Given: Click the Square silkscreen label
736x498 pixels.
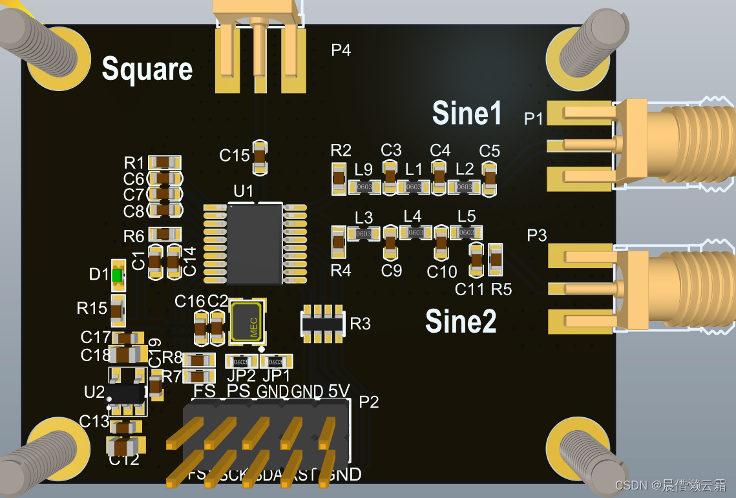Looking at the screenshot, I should click(147, 69).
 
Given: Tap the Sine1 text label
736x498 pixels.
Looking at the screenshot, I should click(467, 113).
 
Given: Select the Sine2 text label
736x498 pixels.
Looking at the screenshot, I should click(461, 321).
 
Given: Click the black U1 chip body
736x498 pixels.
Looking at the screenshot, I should click(255, 244).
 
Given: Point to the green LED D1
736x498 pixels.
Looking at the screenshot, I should click(117, 275).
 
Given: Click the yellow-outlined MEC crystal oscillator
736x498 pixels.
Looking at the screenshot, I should click(247, 321).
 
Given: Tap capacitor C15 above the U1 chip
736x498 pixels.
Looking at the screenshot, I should click(259, 157).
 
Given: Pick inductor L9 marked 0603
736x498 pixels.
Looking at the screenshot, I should click(364, 187).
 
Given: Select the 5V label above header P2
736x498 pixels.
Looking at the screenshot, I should click(339, 391).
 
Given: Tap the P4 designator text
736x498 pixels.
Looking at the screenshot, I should click(341, 50).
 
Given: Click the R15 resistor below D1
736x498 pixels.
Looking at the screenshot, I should click(117, 311).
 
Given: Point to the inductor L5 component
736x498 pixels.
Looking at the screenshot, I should click(467, 232).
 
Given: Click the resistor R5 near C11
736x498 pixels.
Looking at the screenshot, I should click(496, 260).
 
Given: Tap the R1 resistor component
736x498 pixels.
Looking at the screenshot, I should click(164, 161).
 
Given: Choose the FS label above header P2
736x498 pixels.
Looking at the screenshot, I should click(204, 391).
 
